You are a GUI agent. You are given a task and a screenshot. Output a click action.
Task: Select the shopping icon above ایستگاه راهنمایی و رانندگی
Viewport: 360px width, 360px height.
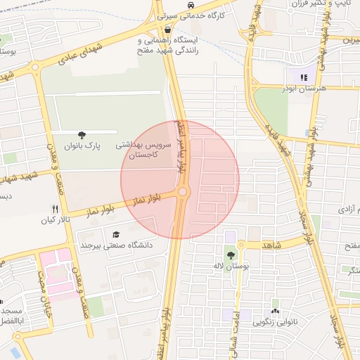click(167, 31)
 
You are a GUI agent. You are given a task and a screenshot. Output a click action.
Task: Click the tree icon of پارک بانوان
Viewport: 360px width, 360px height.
click(83, 135)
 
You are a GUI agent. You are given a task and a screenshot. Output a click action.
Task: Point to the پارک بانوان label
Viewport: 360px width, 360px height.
click(84, 146)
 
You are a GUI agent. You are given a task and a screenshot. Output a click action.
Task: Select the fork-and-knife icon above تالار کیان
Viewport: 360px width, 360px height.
click(55, 209)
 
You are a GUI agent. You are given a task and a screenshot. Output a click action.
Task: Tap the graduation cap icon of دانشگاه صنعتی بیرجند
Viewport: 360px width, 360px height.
click(116, 235)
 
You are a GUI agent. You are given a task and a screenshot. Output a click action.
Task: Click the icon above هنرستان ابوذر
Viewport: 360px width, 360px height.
click(303, 77)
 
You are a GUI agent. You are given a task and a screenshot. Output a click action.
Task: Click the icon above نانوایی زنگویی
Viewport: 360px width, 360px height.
click(275, 311)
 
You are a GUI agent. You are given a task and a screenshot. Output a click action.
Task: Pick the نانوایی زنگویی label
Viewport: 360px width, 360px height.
click(275, 323)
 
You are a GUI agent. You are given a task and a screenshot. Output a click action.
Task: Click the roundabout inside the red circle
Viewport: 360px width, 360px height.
click(183, 191)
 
